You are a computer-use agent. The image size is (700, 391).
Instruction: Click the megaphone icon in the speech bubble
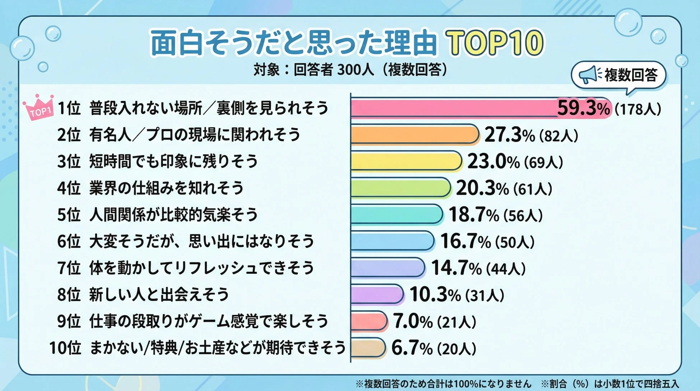(587, 75)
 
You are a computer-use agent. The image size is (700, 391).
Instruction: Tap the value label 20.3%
(482, 188)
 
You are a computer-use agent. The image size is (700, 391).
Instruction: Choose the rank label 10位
(65, 348)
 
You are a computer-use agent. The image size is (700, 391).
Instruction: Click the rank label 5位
(69, 215)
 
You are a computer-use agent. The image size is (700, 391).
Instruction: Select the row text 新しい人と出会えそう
(159, 294)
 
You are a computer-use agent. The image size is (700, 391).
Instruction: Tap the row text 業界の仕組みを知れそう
(166, 188)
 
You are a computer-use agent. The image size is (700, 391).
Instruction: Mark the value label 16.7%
(466, 241)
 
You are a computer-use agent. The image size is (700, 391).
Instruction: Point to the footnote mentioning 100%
(443, 384)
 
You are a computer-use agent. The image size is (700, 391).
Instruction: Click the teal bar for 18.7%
(397, 214)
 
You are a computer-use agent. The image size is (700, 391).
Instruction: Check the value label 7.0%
(413, 321)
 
